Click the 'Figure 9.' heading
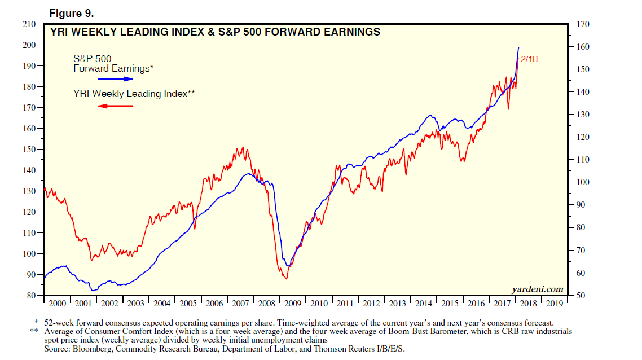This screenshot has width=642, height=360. pos(71,12)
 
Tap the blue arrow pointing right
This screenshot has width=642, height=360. pos(116,80)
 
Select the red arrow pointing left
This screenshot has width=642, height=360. pos(116,106)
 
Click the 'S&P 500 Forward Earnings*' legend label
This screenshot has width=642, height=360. pos(113,63)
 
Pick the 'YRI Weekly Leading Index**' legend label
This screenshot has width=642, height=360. pos(134,94)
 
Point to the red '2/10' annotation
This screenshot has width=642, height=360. pos(529,59)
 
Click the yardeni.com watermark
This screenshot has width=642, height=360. pos(538,289)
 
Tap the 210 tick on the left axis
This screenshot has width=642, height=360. pos(28,24)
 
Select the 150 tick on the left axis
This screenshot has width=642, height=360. pos(28,150)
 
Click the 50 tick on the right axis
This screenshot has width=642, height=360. pos(582,296)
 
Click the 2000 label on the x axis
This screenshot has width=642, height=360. pos(57,303)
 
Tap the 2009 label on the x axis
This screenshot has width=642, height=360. pos(293,303)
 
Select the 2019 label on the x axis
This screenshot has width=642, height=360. pos(555,303)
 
